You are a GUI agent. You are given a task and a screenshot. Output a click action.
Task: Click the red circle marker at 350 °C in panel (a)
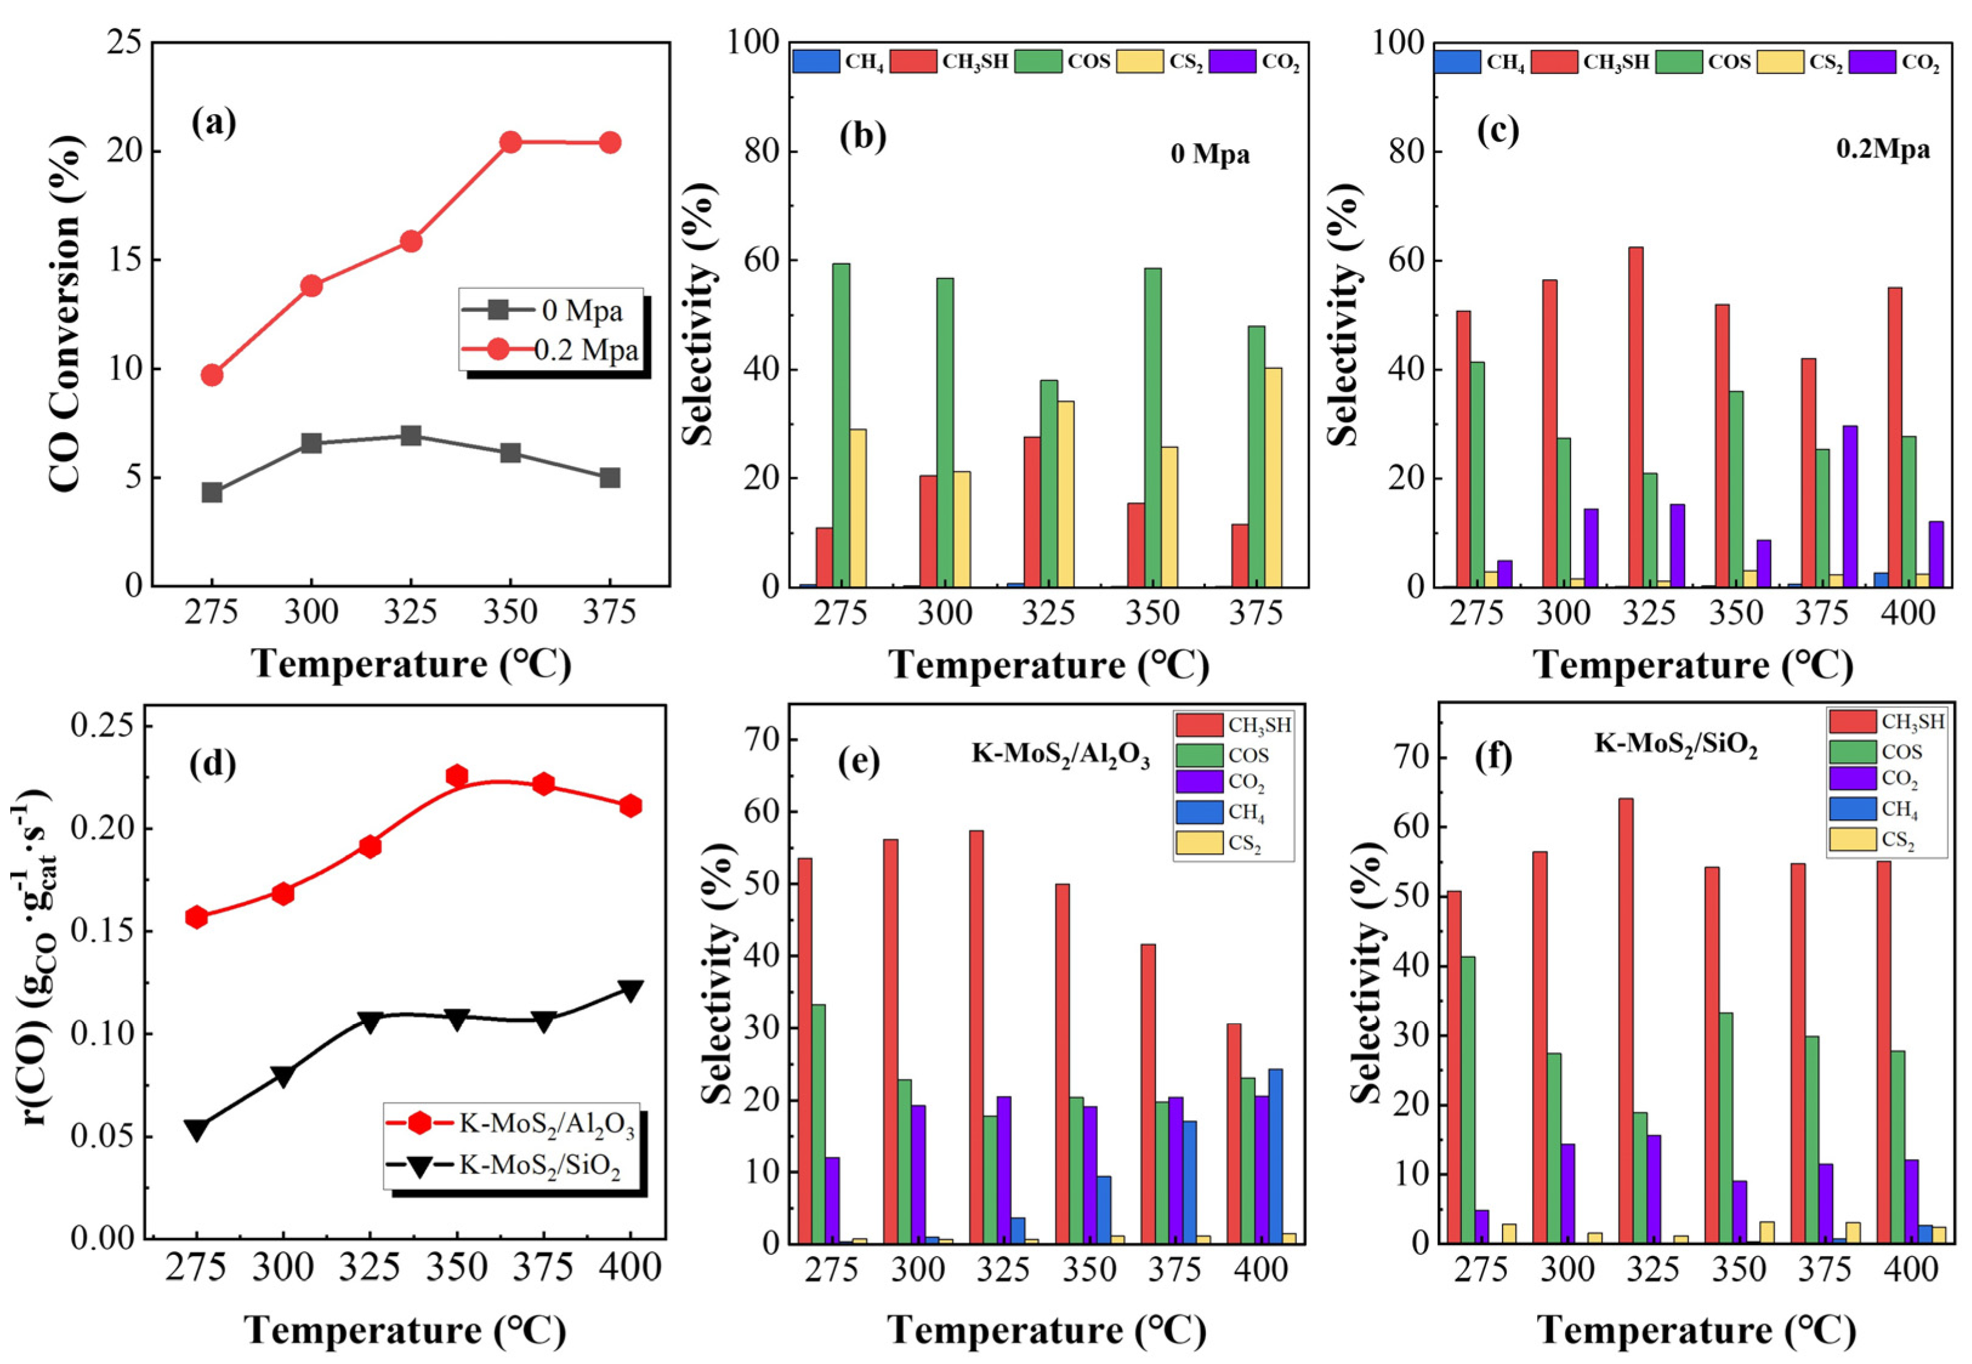click(511, 142)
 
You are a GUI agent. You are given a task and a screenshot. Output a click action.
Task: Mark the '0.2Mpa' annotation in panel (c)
click(1882, 149)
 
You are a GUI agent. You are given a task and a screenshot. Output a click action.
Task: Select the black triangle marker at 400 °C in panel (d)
click(631, 990)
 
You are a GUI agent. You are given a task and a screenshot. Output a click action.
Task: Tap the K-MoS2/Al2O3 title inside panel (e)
click(1060, 755)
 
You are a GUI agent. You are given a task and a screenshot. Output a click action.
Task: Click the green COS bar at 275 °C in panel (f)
click(1468, 1099)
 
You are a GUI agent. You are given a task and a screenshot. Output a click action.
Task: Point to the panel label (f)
click(1493, 757)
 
